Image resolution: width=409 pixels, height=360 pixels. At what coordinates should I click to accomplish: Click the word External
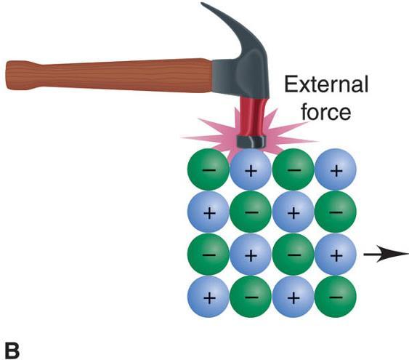(x=326, y=84)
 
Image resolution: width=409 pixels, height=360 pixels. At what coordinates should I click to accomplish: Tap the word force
(x=326, y=112)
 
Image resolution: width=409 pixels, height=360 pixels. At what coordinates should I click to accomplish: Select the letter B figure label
(x=12, y=350)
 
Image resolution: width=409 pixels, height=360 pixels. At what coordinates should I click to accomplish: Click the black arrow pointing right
(x=386, y=255)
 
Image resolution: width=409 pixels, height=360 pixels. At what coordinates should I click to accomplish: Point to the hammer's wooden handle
(x=110, y=76)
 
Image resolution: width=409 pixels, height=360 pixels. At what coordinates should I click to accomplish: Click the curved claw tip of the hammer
(x=203, y=4)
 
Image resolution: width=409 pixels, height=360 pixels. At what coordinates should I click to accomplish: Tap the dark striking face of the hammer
(x=251, y=142)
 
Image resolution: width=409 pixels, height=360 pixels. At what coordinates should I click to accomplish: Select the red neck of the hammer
(x=251, y=116)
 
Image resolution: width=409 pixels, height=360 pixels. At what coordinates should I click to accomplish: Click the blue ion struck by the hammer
(x=251, y=169)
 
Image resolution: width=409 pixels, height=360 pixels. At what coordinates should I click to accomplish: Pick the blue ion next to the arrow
(x=336, y=255)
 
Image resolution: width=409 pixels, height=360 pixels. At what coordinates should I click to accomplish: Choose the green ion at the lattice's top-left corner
(x=208, y=169)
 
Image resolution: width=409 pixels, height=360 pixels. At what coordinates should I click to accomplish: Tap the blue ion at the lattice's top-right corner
(x=336, y=169)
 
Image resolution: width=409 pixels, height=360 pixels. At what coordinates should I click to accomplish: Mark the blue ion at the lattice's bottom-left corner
(x=208, y=297)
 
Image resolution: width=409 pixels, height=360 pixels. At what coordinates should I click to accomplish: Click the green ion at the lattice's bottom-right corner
(x=336, y=297)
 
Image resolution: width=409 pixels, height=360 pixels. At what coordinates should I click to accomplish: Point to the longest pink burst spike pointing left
(x=206, y=138)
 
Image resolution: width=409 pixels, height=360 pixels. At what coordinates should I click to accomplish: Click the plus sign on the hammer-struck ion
(x=251, y=171)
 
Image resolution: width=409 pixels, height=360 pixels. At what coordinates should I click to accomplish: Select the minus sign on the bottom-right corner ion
(x=336, y=297)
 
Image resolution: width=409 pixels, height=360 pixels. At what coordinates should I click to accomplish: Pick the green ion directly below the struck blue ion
(x=251, y=212)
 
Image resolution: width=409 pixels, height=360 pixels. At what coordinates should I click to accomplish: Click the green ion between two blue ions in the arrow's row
(x=293, y=255)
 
